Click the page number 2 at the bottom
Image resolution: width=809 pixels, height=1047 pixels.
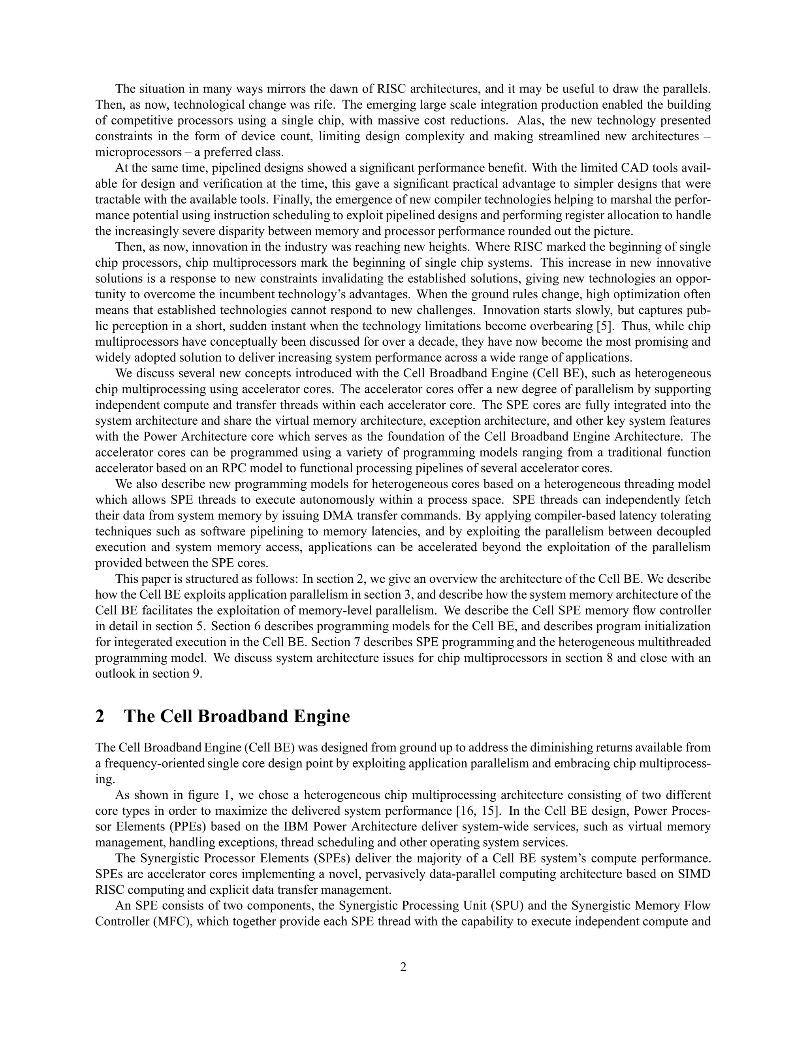tap(403, 967)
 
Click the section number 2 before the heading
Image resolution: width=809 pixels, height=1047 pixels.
tap(100, 716)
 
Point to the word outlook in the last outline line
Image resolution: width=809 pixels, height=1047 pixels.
tap(112, 674)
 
